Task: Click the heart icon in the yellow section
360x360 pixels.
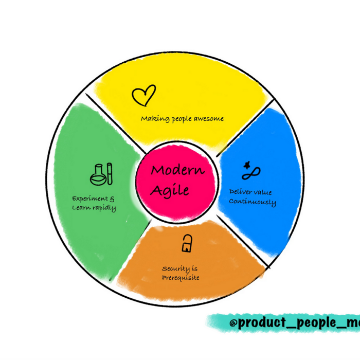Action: click(x=143, y=95)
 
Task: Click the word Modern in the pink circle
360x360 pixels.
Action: click(x=177, y=170)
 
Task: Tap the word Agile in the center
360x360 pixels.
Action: click(x=170, y=190)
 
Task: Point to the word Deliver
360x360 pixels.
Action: click(x=240, y=192)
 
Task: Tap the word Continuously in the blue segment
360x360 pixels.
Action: click(x=252, y=202)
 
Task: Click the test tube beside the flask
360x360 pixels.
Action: click(x=110, y=173)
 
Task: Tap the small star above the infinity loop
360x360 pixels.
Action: click(x=248, y=165)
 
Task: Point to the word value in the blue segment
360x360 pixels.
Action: click(x=263, y=192)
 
